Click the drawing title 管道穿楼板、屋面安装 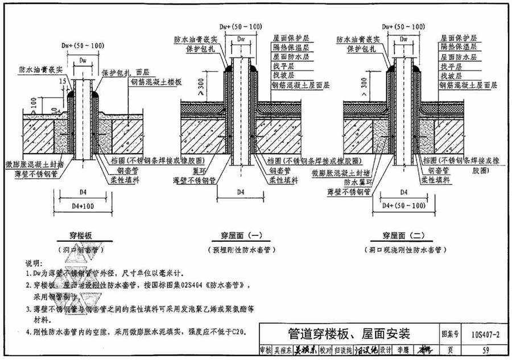[349, 333]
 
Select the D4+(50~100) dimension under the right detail [404, 205]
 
